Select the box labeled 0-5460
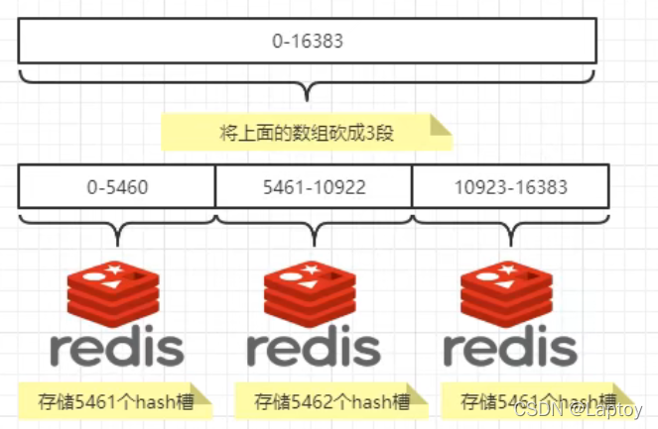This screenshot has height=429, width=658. [x=116, y=185]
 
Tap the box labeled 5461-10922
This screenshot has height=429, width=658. [x=313, y=185]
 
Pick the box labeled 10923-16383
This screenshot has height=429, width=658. [x=508, y=185]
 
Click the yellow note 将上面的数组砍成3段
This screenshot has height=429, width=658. [x=307, y=132]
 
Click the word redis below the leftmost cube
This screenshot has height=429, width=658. [x=117, y=348]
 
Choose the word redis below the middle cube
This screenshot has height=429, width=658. [x=314, y=348]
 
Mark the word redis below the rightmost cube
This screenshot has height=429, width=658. [x=510, y=348]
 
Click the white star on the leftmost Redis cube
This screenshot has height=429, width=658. [x=116, y=269]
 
